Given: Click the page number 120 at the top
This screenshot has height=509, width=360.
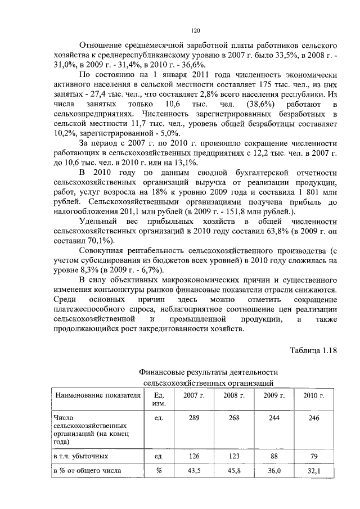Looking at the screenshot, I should (195, 30).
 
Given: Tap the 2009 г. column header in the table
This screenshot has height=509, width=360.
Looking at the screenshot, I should (274, 396).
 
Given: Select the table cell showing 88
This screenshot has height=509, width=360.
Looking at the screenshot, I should (274, 456).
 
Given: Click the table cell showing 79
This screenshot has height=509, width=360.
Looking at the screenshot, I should (314, 456).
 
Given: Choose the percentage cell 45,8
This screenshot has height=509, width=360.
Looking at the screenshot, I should (233, 472).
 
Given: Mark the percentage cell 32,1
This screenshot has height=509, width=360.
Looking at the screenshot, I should (314, 472).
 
